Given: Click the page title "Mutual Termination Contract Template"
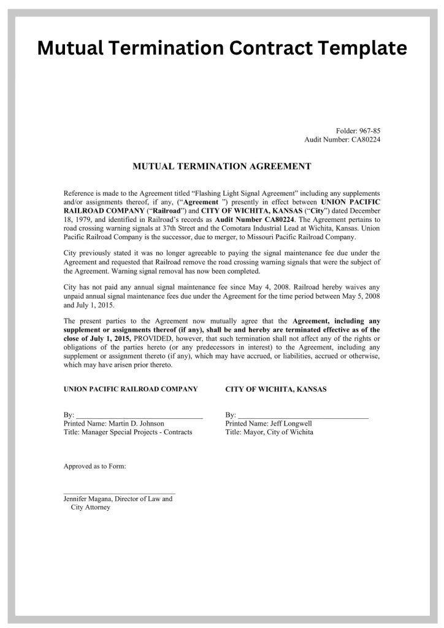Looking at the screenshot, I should pyautogui.click(x=222, y=47).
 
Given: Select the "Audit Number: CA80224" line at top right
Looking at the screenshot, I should pyautogui.click(x=343, y=140).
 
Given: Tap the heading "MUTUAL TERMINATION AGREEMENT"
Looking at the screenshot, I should pyautogui.click(x=222, y=166).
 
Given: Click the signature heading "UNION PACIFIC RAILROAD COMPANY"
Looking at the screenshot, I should pyautogui.click(x=131, y=389).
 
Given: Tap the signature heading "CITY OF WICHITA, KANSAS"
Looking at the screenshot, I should pyautogui.click(x=276, y=389).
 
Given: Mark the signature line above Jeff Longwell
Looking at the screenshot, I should pyautogui.click(x=304, y=416).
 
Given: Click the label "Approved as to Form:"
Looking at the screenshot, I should pyautogui.click(x=95, y=467).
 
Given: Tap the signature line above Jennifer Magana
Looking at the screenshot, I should pyautogui.click(x=119, y=492).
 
